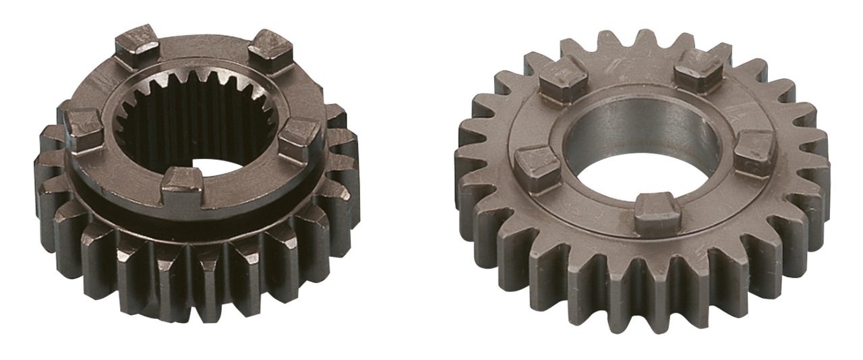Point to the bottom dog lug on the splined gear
(x=183, y=183)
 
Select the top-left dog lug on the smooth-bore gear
(x=563, y=74)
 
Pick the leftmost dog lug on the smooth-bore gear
(x=537, y=166)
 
